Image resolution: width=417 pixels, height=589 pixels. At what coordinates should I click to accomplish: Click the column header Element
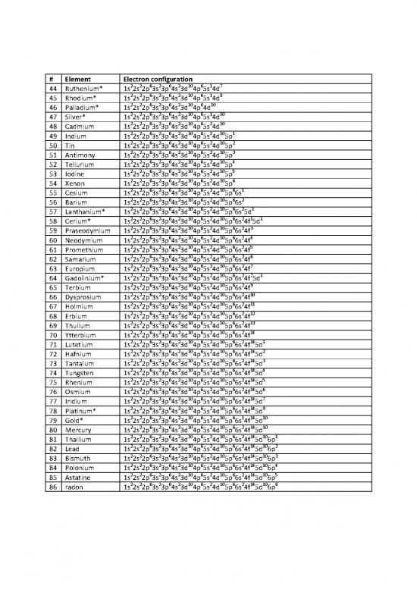click(77, 78)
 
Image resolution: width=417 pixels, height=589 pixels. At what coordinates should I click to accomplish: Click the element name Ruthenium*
click(83, 89)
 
